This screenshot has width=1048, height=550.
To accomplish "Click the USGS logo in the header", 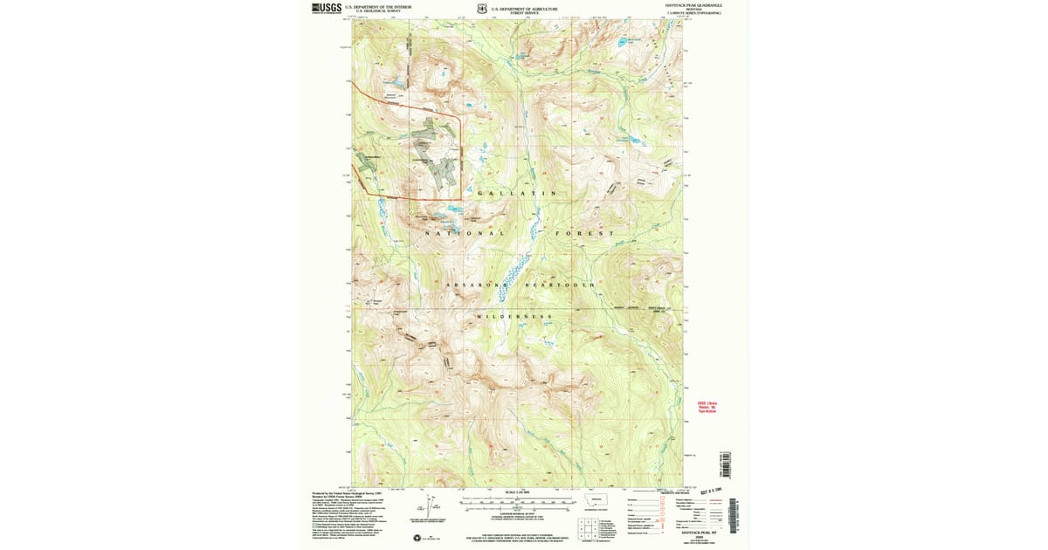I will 327,8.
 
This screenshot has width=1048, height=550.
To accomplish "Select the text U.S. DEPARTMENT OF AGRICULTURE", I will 524,7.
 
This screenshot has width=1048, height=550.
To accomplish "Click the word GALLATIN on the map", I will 516,193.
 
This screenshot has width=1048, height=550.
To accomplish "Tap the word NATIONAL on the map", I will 465,234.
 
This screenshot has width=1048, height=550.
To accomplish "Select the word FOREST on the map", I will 584,234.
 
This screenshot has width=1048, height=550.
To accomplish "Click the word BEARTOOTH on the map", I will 559,285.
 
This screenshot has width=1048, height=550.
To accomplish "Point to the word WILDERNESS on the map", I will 515,316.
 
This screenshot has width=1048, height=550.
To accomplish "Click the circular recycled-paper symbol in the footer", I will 417,537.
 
